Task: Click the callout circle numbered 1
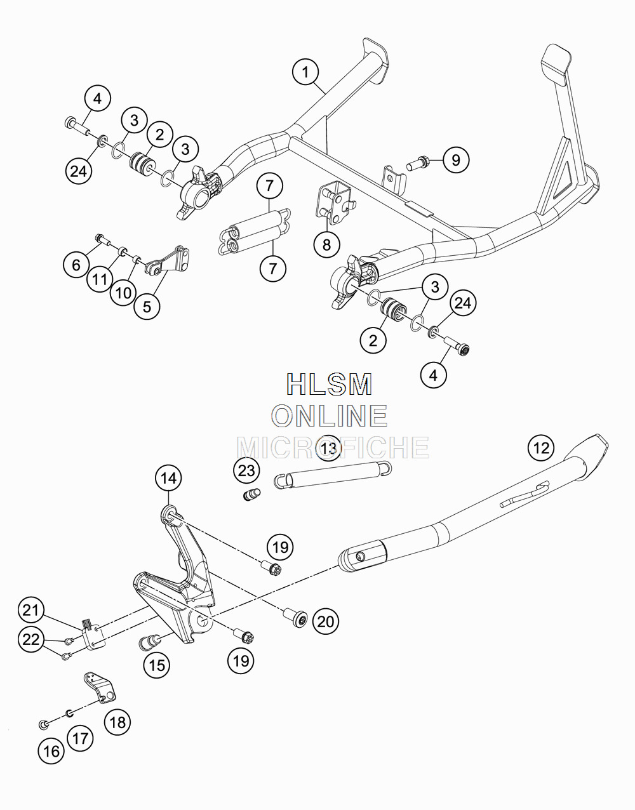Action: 305,72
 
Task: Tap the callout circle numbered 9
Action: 456,160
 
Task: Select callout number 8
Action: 326,245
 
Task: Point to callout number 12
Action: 541,448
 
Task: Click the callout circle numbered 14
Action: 168,478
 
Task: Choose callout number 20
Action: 326,621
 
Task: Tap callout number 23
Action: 246,470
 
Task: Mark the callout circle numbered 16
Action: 51,752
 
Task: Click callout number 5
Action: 147,307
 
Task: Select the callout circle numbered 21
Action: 31,610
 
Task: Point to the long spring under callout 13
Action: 333,474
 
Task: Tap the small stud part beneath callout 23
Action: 251,495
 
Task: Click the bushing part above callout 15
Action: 149,642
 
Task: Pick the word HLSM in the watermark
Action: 330,384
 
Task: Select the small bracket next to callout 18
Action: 99,687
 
